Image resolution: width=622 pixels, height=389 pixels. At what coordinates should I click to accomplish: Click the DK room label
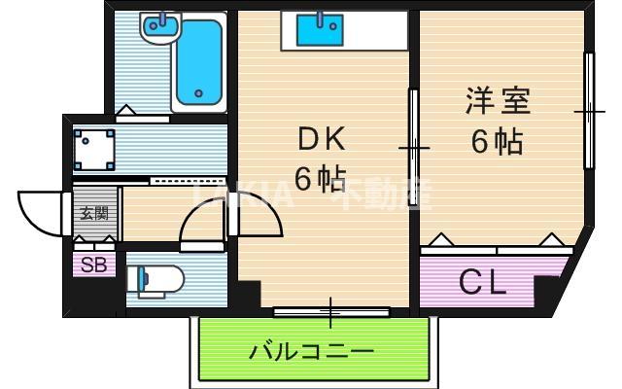coord(322,142)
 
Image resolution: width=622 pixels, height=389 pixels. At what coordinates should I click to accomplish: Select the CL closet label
coord(483,283)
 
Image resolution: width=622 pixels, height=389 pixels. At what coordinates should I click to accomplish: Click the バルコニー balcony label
coord(311,350)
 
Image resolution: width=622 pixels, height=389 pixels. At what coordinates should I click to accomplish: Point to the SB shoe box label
coord(93,264)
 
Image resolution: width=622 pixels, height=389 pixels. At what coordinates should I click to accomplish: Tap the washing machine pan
coord(94,150)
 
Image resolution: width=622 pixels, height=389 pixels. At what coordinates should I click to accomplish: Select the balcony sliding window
coord(330,312)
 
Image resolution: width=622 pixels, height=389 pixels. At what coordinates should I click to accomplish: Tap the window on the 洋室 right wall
coord(589,111)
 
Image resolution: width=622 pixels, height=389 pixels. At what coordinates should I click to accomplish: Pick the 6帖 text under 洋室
coord(497,142)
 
